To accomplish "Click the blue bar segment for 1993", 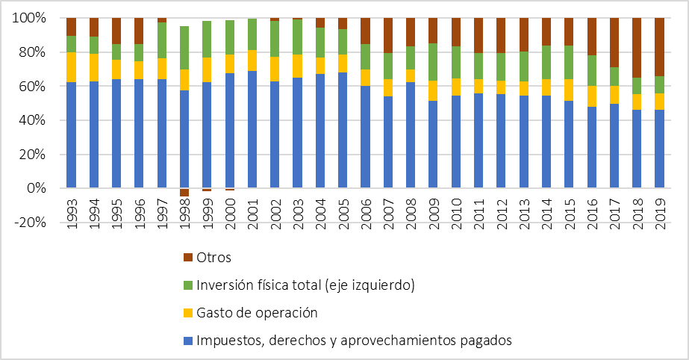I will tap(71, 134).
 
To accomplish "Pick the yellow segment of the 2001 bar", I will tap(252, 60).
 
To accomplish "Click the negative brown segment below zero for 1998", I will tap(184, 193).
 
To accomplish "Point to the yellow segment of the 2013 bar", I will tap(524, 88).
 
